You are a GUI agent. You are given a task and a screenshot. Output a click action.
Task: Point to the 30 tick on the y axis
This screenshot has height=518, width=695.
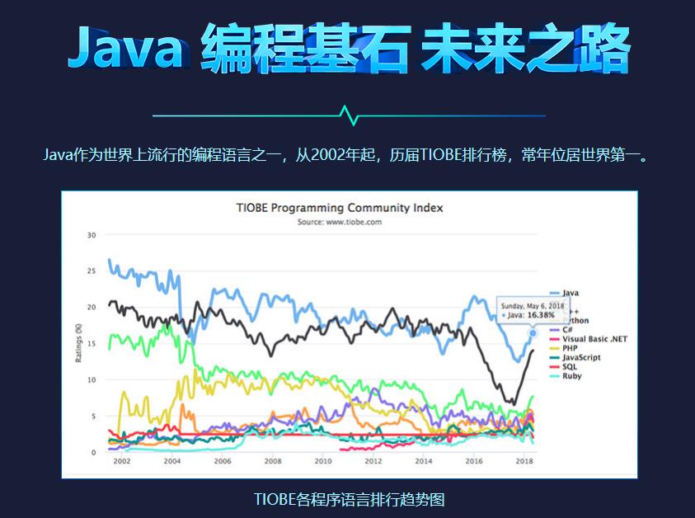pyautogui.click(x=92, y=235)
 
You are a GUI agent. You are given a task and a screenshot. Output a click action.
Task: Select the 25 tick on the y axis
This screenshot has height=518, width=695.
pyautogui.click(x=92, y=271)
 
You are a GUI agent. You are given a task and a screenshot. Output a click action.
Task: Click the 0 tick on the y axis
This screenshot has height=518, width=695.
pyautogui.click(x=94, y=452)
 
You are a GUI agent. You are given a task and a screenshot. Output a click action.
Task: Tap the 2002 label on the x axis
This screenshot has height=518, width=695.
pyautogui.click(x=122, y=461)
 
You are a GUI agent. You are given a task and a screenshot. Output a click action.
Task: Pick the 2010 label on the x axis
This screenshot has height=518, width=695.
pyautogui.click(x=323, y=461)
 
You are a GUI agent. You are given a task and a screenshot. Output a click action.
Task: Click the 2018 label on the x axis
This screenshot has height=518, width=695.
pyautogui.click(x=524, y=461)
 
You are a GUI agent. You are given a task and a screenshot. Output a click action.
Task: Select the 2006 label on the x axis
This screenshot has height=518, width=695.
pyautogui.click(x=223, y=461)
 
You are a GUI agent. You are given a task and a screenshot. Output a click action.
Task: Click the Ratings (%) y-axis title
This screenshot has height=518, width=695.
pyautogui.click(x=77, y=342)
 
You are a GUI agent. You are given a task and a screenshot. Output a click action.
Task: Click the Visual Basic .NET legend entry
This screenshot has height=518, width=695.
pyautogui.click(x=594, y=339)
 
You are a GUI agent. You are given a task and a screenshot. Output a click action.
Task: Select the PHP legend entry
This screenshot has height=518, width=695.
pyautogui.click(x=570, y=348)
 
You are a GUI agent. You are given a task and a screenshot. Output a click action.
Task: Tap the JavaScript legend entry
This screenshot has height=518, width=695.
pyautogui.click(x=580, y=357)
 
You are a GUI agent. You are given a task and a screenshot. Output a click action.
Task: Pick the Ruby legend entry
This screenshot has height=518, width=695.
pyautogui.click(x=571, y=375)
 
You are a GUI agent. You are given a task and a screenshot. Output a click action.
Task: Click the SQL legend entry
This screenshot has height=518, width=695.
pyautogui.click(x=569, y=366)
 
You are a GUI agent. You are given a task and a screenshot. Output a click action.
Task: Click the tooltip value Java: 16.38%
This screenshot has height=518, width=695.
pyautogui.click(x=535, y=314)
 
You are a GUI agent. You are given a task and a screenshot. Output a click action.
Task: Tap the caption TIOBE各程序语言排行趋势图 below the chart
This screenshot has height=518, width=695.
pyautogui.click(x=349, y=500)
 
